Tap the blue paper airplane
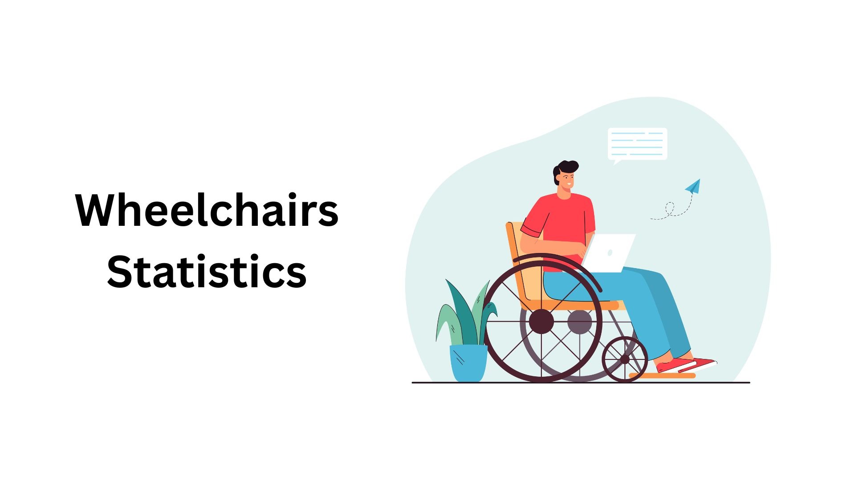pos(693,186)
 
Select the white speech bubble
pos(637,145)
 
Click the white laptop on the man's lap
pos(609,253)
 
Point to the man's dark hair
pos(564,170)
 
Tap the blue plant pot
pos(468,363)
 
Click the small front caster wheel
pos(625,359)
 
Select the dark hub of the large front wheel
pos(541,321)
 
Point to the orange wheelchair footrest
pos(663,375)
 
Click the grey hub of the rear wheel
pos(580,322)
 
